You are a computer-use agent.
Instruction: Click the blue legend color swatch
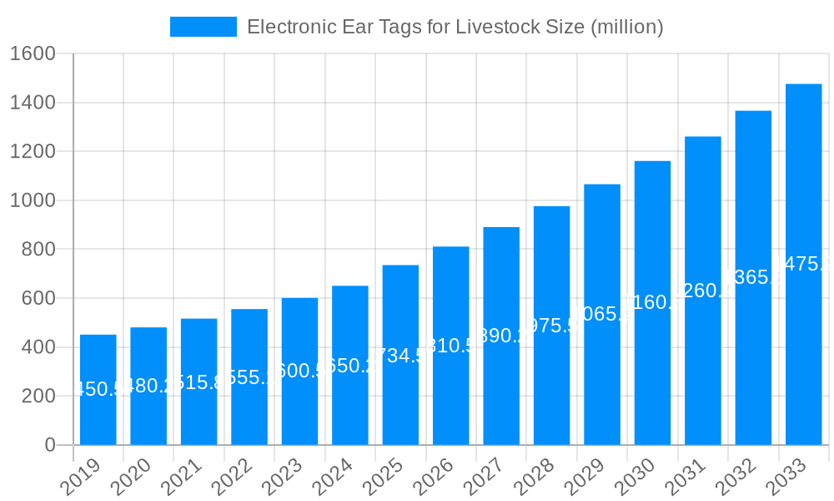click(203, 27)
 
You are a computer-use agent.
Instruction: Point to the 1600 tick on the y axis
click(32, 54)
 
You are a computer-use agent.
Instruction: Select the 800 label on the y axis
click(38, 250)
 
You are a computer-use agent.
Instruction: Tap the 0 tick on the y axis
click(50, 445)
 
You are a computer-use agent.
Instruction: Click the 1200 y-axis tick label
click(32, 152)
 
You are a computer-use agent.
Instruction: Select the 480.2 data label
click(148, 386)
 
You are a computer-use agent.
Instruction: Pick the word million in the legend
click(625, 27)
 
